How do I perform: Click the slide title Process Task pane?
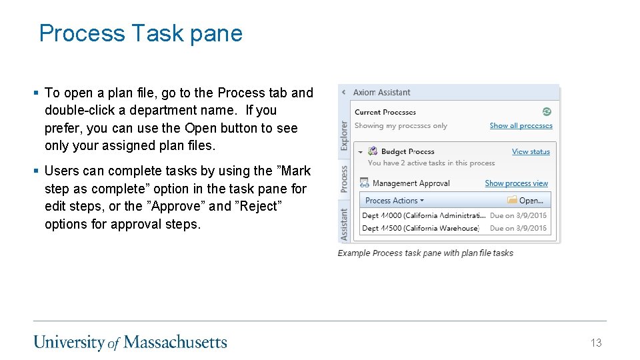click(x=141, y=33)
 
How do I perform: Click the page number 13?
click(x=595, y=343)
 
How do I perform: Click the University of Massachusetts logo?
click(x=131, y=343)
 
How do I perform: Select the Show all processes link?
click(x=521, y=125)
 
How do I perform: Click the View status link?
click(x=531, y=151)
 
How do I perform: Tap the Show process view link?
click(x=516, y=183)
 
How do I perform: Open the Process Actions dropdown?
click(x=394, y=200)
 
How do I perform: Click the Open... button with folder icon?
click(x=525, y=200)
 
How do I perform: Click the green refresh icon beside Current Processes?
click(x=547, y=112)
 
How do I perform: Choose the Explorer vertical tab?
click(x=344, y=135)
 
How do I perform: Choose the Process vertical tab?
click(x=344, y=179)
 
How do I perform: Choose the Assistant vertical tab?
click(x=344, y=224)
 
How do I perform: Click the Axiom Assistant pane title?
click(x=381, y=93)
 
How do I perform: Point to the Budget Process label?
click(x=407, y=151)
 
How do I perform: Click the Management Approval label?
click(x=411, y=183)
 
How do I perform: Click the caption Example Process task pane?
click(x=425, y=253)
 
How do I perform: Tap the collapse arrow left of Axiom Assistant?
click(x=343, y=93)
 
